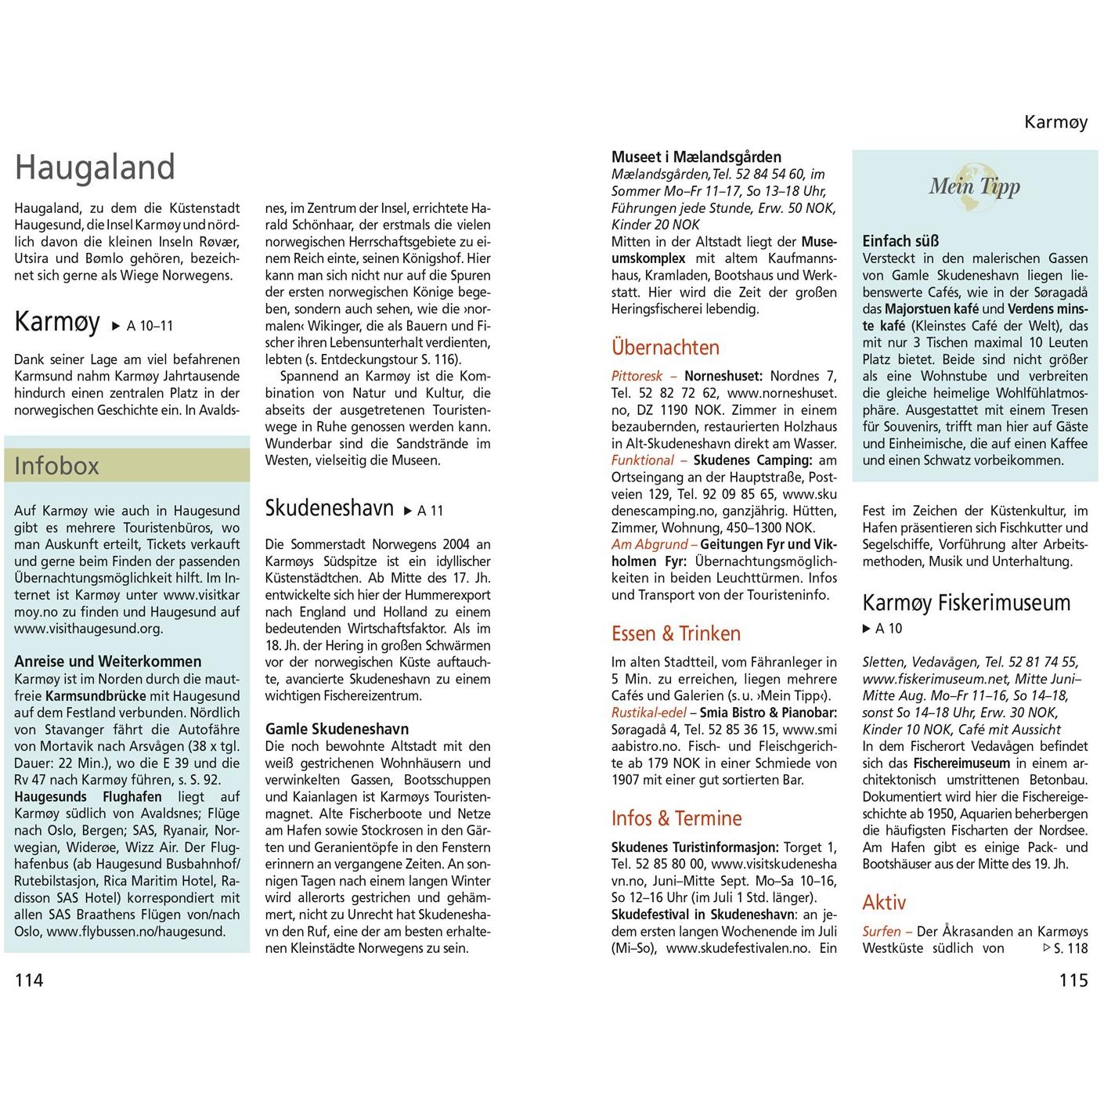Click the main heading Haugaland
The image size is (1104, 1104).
(x=95, y=168)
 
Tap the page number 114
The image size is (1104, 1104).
(x=29, y=980)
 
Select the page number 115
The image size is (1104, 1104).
(x=1073, y=980)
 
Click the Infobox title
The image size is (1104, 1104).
(x=57, y=466)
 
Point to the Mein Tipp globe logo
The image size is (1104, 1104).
(x=975, y=186)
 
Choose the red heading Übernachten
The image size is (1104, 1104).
(x=665, y=348)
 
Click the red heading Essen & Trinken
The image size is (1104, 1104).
(x=676, y=633)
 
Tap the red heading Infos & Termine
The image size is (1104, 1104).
(x=676, y=818)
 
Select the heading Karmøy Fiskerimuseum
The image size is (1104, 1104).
(x=966, y=603)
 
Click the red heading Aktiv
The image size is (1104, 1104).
(x=884, y=903)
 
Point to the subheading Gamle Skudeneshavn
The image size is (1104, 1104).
(x=337, y=729)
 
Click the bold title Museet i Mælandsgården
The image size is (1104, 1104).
(x=696, y=157)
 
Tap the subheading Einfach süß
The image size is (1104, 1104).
(x=900, y=241)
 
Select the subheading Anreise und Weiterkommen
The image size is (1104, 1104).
(x=108, y=662)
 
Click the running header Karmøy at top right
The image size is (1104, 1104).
(x=1055, y=122)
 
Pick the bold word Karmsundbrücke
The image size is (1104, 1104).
(x=96, y=696)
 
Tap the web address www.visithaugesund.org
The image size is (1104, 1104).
(x=88, y=628)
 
